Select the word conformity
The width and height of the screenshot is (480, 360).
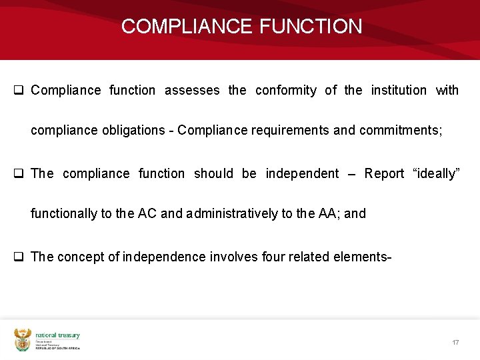pyautogui.click(x=285, y=90)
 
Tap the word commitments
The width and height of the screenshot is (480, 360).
pyautogui.click(x=400, y=131)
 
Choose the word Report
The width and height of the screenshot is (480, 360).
pyautogui.click(x=384, y=173)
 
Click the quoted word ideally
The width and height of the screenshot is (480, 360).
pyautogui.click(x=436, y=173)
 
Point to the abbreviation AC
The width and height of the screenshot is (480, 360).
pyautogui.click(x=147, y=214)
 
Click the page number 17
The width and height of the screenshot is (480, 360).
pyautogui.click(x=455, y=342)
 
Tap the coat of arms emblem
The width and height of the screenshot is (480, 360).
pyautogui.click(x=23, y=340)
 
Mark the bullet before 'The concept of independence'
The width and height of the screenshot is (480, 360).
pyautogui.click(x=19, y=257)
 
